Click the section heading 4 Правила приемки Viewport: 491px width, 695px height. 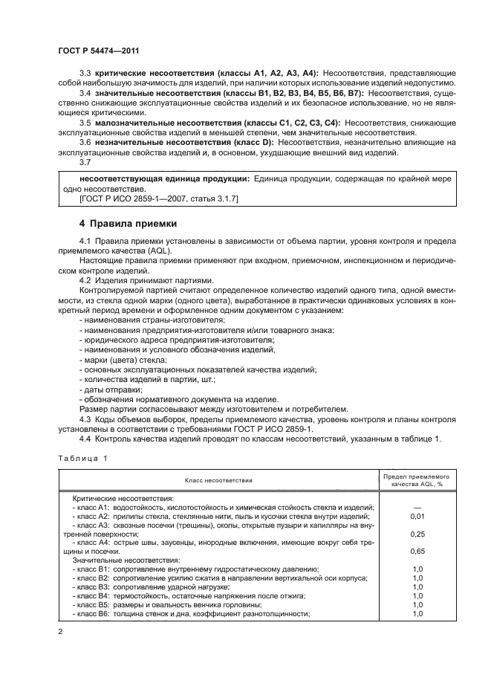[129, 223]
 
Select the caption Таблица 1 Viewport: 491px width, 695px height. [82, 458]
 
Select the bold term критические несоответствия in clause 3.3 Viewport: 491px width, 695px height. [152, 73]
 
